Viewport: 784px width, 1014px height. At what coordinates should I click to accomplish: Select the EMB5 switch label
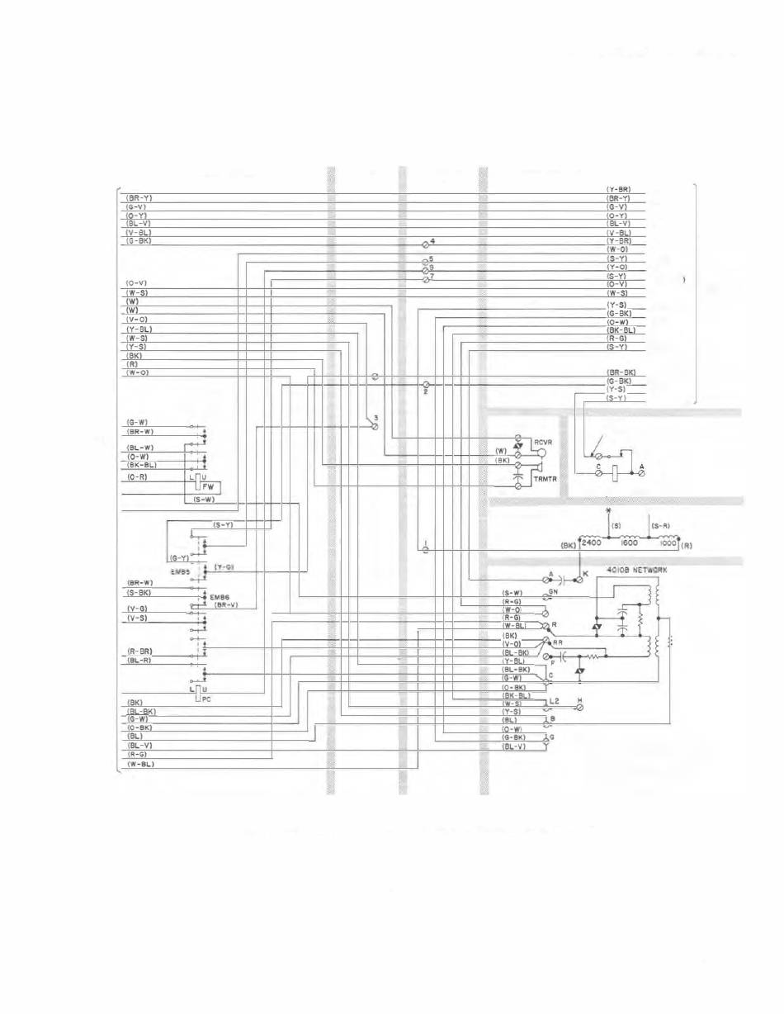pyautogui.click(x=183, y=570)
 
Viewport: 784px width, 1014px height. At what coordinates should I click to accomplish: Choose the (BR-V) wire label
pyautogui.click(x=225, y=605)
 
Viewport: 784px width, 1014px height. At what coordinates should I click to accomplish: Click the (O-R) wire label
pyautogui.click(x=138, y=477)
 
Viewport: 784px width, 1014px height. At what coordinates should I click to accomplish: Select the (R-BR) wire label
pyautogui.click(x=139, y=652)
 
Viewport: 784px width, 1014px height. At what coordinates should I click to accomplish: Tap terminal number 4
pyautogui.click(x=432, y=240)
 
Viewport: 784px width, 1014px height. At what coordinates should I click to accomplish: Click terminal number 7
pyautogui.click(x=432, y=276)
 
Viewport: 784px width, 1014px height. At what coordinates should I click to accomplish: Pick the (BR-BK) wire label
pyautogui.click(x=621, y=372)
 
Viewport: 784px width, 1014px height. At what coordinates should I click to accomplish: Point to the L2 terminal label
pyautogui.click(x=554, y=701)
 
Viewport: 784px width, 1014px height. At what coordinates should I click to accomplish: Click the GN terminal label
pyautogui.click(x=554, y=591)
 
